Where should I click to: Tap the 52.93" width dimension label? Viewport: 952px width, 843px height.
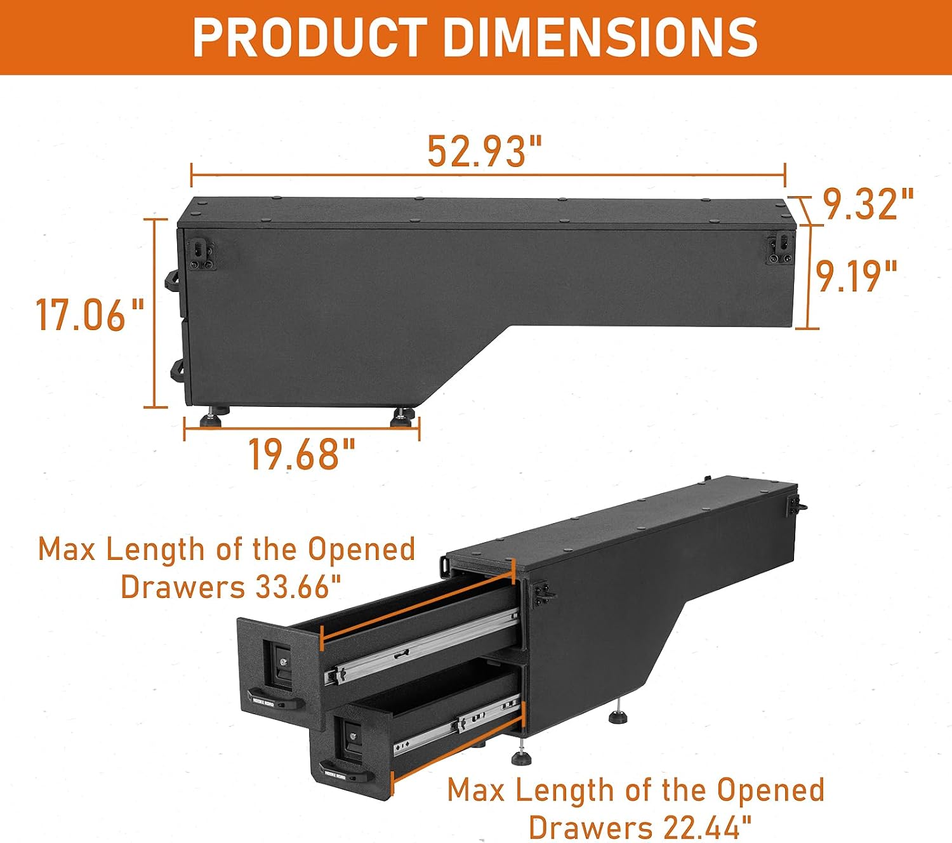coord(484,151)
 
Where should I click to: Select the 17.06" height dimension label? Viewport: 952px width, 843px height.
coord(89,315)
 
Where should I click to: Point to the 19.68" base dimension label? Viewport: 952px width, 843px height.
coord(301,454)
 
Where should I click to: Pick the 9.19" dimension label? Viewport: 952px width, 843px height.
coord(857,276)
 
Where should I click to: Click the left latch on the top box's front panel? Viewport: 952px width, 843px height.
coord(203,255)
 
